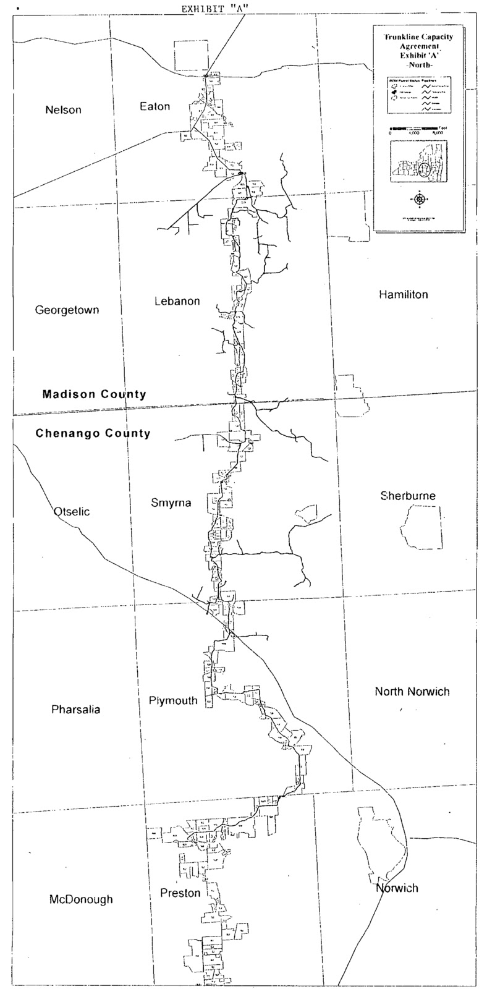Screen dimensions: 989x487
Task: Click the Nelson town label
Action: tap(63, 110)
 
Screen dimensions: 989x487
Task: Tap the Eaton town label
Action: tap(155, 106)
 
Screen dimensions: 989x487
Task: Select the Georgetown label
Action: tap(67, 310)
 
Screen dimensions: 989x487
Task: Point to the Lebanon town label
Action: tap(177, 301)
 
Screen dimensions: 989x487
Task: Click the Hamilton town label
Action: tap(403, 294)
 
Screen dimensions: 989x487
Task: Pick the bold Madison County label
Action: tap(94, 394)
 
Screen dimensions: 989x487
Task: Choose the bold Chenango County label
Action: tap(93, 433)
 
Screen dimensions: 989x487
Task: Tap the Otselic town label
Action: tap(72, 511)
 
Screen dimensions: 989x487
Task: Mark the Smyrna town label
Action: tap(171, 503)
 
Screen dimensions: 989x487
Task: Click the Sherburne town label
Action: tap(408, 496)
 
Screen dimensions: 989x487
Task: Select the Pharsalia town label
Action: tap(75, 709)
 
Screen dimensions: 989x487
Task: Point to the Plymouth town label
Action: tap(173, 700)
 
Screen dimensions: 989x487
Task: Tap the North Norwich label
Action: tap(412, 691)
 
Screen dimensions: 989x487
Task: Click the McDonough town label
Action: tap(81, 899)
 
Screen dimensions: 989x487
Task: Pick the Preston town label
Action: tap(180, 893)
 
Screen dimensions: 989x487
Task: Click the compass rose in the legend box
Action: tap(420, 199)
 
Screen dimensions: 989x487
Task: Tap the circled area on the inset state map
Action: tap(424, 168)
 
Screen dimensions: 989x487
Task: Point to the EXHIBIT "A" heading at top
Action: tap(211, 9)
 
